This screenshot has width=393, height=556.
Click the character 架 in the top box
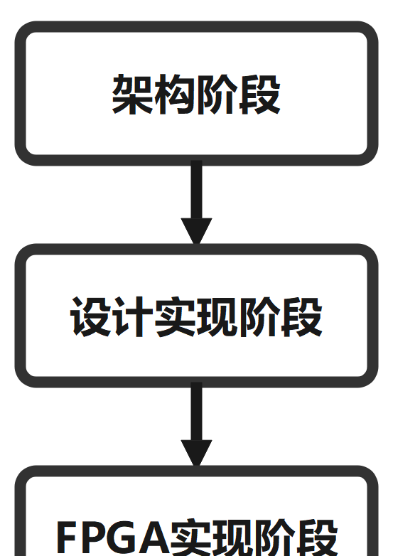(x=132, y=95)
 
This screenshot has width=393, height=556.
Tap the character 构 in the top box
(x=175, y=95)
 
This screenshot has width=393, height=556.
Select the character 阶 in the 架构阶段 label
(x=217, y=95)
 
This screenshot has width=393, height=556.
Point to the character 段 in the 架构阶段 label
(x=260, y=95)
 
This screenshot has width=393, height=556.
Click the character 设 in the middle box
(x=91, y=316)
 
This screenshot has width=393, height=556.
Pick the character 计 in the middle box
(x=133, y=316)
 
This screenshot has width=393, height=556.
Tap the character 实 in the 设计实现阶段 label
(x=175, y=316)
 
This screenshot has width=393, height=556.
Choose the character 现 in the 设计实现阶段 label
(x=217, y=316)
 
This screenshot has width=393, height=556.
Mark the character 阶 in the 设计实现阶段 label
(x=259, y=316)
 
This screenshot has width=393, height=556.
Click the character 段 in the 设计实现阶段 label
(x=301, y=316)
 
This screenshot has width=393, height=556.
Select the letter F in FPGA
(x=67, y=539)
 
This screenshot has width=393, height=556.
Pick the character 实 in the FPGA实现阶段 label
(x=190, y=538)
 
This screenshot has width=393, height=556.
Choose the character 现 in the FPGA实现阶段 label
(x=233, y=538)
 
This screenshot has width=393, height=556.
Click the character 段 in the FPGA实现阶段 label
(x=317, y=538)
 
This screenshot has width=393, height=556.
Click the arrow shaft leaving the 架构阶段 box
(x=196, y=189)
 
